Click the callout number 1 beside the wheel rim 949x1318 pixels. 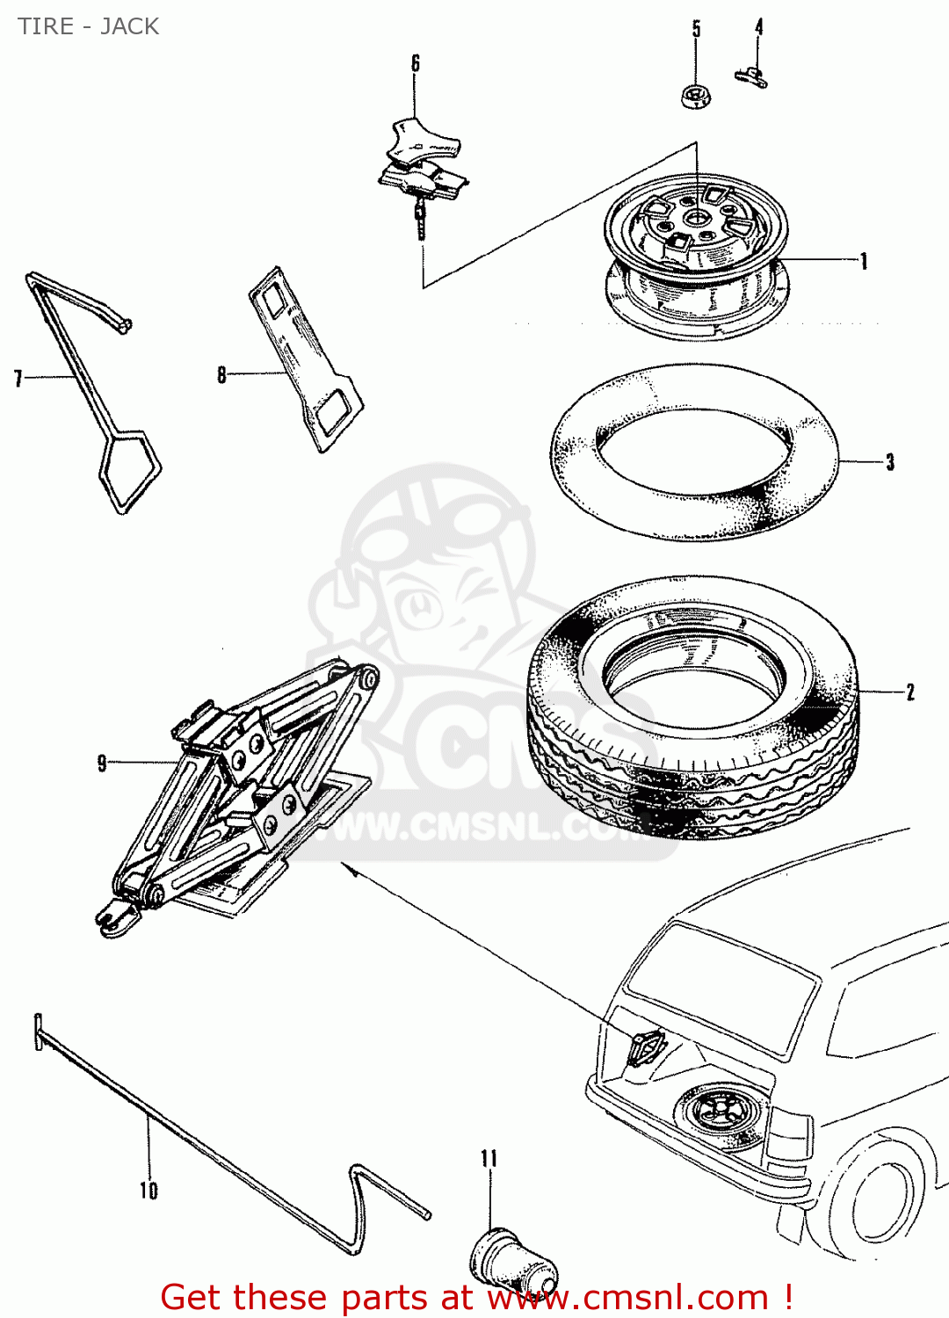(x=864, y=261)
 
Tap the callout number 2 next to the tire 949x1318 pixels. (x=910, y=692)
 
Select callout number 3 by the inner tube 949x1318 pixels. (x=890, y=462)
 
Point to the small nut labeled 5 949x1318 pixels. (x=696, y=96)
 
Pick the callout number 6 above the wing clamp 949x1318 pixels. (x=416, y=63)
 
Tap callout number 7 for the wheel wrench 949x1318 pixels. (x=18, y=379)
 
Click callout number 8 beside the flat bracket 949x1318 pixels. (x=221, y=375)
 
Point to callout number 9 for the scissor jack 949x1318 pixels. (x=102, y=763)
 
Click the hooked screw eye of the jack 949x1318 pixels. (x=112, y=919)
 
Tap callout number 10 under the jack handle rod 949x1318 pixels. (x=149, y=1191)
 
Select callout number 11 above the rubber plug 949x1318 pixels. (x=489, y=1159)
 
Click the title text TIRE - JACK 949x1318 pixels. (x=88, y=26)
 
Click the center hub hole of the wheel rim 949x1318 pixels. (x=696, y=217)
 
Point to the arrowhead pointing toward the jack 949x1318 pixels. (x=348, y=868)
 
